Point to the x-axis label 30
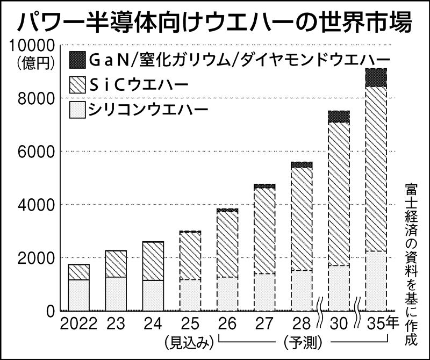click(339, 324)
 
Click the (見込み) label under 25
click(185, 341)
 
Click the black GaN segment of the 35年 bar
click(376, 77)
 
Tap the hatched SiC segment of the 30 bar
click(339, 193)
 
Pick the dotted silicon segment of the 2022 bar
click(78, 295)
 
